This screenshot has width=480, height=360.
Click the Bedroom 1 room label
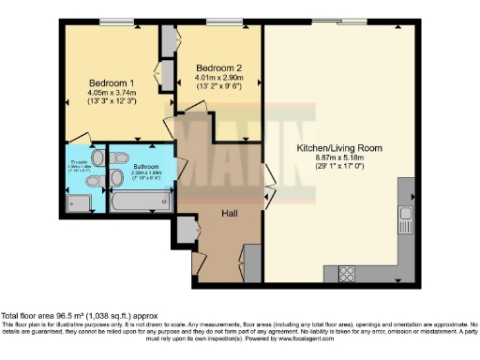(x=105, y=82)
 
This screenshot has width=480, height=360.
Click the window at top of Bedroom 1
(x=113, y=21)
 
